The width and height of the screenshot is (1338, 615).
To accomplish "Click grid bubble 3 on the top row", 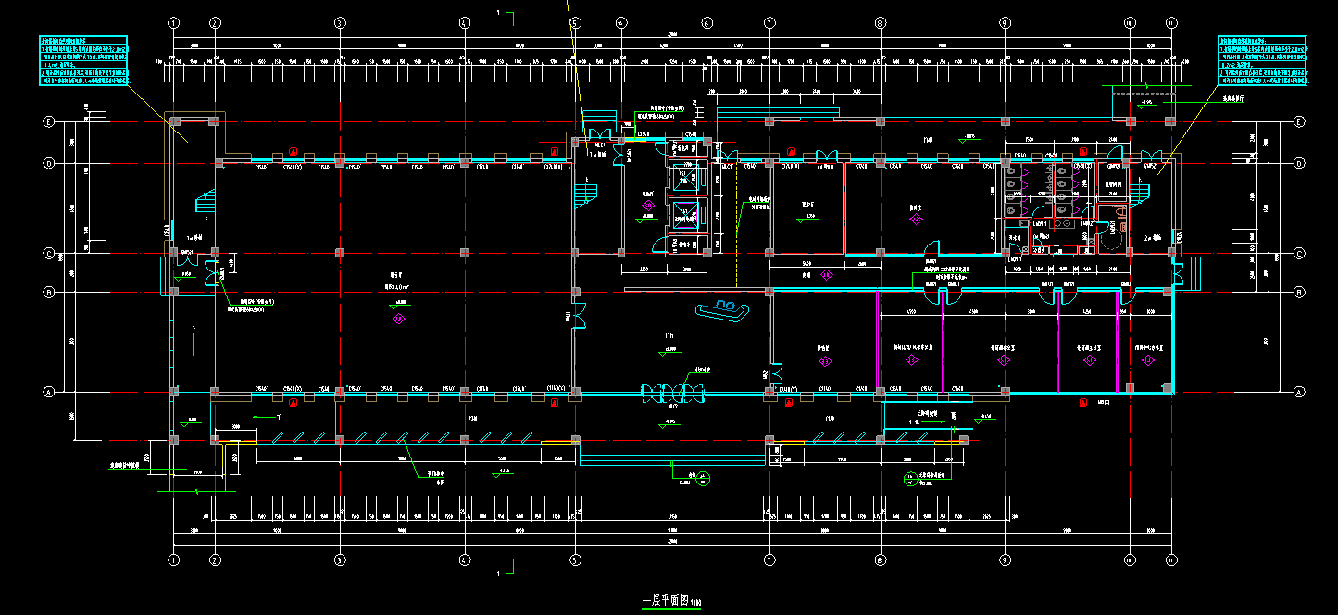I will [x=340, y=22].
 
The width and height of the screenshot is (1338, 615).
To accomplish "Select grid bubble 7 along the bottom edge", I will [x=769, y=559].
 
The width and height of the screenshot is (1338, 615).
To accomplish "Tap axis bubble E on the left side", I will [x=48, y=121].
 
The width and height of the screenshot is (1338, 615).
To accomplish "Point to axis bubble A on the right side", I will [x=1299, y=392].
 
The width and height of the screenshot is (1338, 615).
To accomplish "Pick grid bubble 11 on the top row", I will [x=1170, y=22].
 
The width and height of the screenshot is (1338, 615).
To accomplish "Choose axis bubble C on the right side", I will [x=1299, y=253].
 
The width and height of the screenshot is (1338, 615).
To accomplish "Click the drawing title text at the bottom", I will [x=672, y=600].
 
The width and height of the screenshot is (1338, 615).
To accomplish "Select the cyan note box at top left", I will [x=83, y=61].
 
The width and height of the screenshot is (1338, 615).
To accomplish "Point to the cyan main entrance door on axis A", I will [x=673, y=394].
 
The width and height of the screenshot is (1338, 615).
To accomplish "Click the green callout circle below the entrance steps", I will [x=704, y=479].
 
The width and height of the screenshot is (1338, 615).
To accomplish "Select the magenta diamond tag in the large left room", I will [x=399, y=320].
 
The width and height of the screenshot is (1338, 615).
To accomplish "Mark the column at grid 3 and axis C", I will [x=340, y=253].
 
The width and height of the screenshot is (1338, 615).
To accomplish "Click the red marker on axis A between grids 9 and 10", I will [x=1082, y=403].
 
